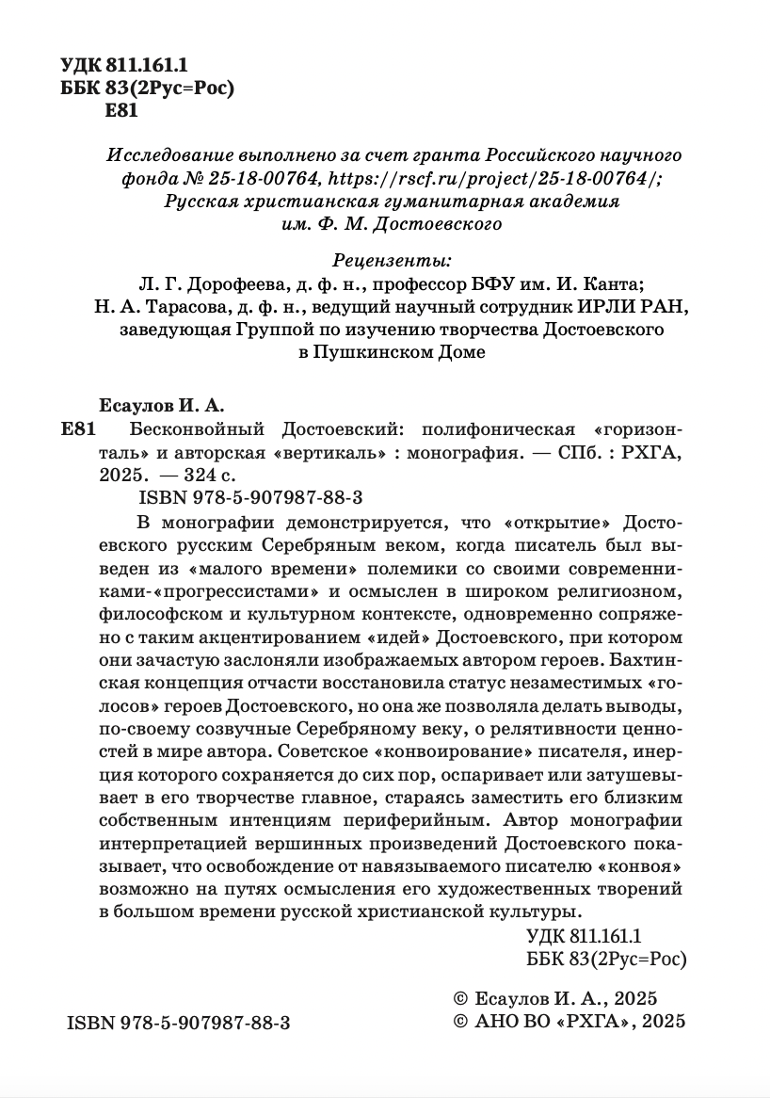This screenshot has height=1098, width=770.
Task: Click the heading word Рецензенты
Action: coord(392,260)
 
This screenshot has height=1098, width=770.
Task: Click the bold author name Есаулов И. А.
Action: coord(159,405)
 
